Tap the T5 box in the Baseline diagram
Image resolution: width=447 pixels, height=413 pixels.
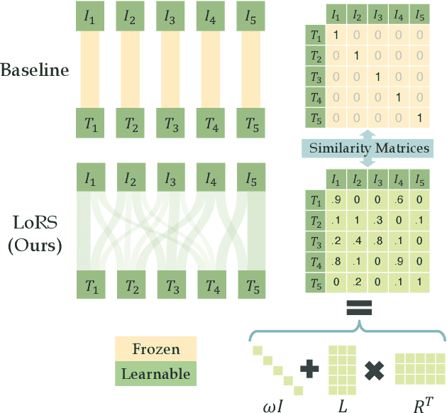(252, 125)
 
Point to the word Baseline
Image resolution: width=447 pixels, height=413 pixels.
(35, 70)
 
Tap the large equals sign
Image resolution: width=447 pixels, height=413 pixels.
(358, 309)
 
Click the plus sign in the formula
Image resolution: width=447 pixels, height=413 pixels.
(309, 368)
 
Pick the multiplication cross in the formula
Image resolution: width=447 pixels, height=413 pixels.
(374, 368)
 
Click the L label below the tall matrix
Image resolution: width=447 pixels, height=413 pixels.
(342, 404)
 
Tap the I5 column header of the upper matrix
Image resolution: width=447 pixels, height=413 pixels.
(420, 14)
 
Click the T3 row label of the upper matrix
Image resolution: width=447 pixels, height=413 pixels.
(312, 76)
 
